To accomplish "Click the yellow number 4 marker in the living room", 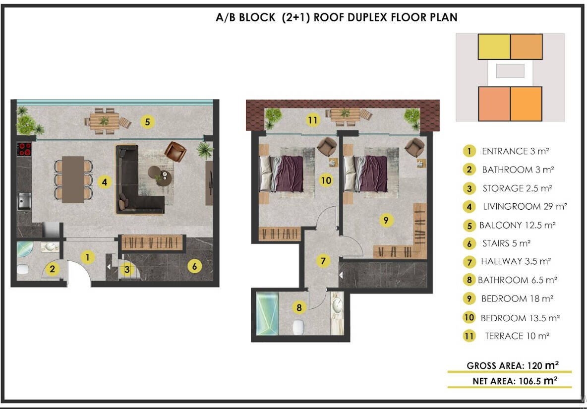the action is click(x=105, y=182).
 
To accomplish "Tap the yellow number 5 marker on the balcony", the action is click(x=148, y=121).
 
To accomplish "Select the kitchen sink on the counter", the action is click(x=24, y=201).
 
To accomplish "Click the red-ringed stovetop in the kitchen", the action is click(x=24, y=149).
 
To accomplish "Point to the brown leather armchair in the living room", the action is click(x=175, y=151).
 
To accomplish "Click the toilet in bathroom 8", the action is click(x=298, y=327).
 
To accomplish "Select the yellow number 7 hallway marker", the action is click(x=323, y=260).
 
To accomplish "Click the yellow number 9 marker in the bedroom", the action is click(x=386, y=220).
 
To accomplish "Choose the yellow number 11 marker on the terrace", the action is click(x=313, y=120).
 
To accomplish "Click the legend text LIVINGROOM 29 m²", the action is click(x=525, y=207).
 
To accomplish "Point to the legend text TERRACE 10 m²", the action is click(x=517, y=336).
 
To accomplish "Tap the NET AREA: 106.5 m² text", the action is click(x=515, y=381).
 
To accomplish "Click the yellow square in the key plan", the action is click(x=494, y=47).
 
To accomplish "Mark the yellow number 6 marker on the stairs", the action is click(x=194, y=266).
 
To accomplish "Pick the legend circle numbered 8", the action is click(x=469, y=280).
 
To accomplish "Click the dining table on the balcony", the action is click(x=105, y=121).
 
